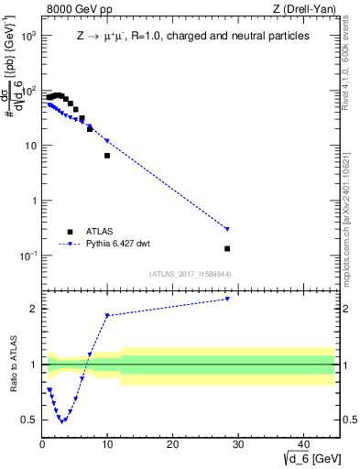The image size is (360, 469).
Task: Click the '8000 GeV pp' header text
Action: point(76,10)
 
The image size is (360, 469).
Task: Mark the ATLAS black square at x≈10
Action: point(107,156)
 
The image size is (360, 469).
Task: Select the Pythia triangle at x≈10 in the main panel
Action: point(107,140)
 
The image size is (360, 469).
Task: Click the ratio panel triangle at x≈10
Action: point(107,315)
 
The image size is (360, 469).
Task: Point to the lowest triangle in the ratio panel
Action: point(61,420)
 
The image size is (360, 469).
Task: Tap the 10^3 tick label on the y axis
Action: point(27,36)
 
